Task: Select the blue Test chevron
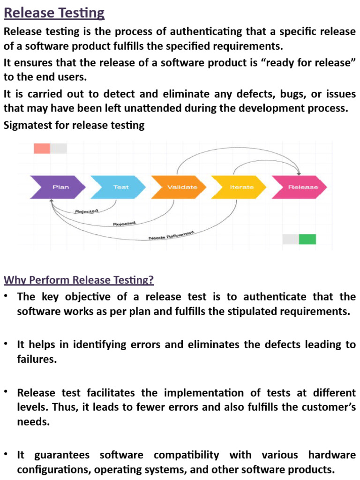click(x=120, y=187)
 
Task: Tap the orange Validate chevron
click(x=180, y=187)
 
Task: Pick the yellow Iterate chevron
click(x=240, y=187)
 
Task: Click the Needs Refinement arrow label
click(x=171, y=236)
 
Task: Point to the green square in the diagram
click(x=307, y=239)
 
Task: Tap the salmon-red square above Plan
click(x=42, y=149)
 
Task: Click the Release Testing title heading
click(x=54, y=13)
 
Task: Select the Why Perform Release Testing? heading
click(x=79, y=280)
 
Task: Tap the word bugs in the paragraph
click(x=292, y=94)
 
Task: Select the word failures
click(x=37, y=359)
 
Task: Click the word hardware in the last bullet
click(x=332, y=455)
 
